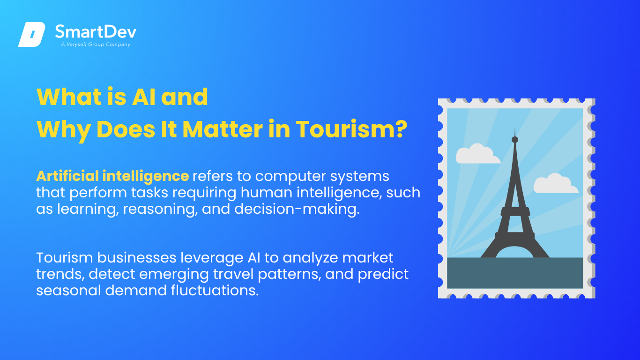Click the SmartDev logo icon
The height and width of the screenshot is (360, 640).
[32, 34]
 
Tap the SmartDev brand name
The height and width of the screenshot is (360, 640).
[96, 31]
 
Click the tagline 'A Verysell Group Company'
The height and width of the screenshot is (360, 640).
[96, 45]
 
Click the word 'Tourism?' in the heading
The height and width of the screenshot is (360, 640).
[351, 129]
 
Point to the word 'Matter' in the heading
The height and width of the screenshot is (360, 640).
[223, 129]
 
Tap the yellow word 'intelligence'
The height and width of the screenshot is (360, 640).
[146, 176]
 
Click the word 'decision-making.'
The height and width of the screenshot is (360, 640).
[297, 209]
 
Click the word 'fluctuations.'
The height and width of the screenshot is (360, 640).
[215, 291]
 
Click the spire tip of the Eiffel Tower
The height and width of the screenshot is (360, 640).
[515, 127]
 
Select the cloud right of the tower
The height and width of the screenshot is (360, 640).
[556, 184]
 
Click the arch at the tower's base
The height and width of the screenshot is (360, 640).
[515, 248]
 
